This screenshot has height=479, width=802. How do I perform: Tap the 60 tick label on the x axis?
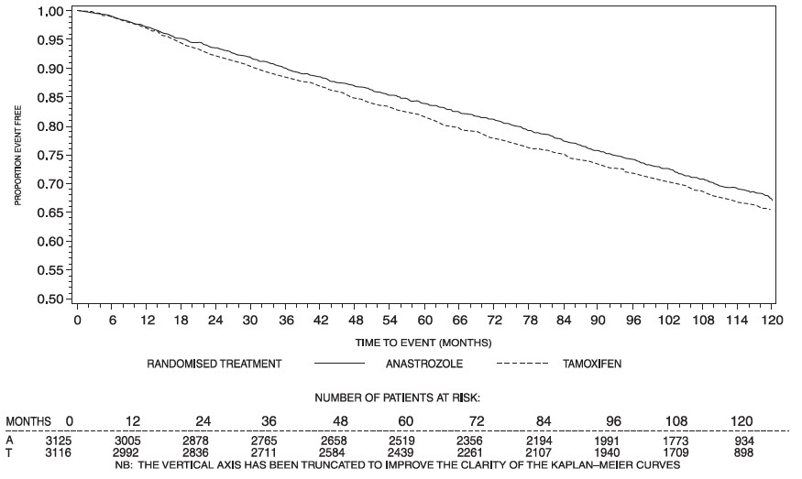(x=425, y=321)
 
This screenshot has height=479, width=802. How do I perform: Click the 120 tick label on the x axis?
(x=773, y=321)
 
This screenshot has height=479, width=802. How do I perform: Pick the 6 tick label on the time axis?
(x=113, y=321)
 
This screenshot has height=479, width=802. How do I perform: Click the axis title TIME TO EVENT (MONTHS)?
(x=424, y=343)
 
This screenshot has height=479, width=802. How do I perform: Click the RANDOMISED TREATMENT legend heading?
(x=214, y=364)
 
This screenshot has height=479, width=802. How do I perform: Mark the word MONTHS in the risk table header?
(x=28, y=420)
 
